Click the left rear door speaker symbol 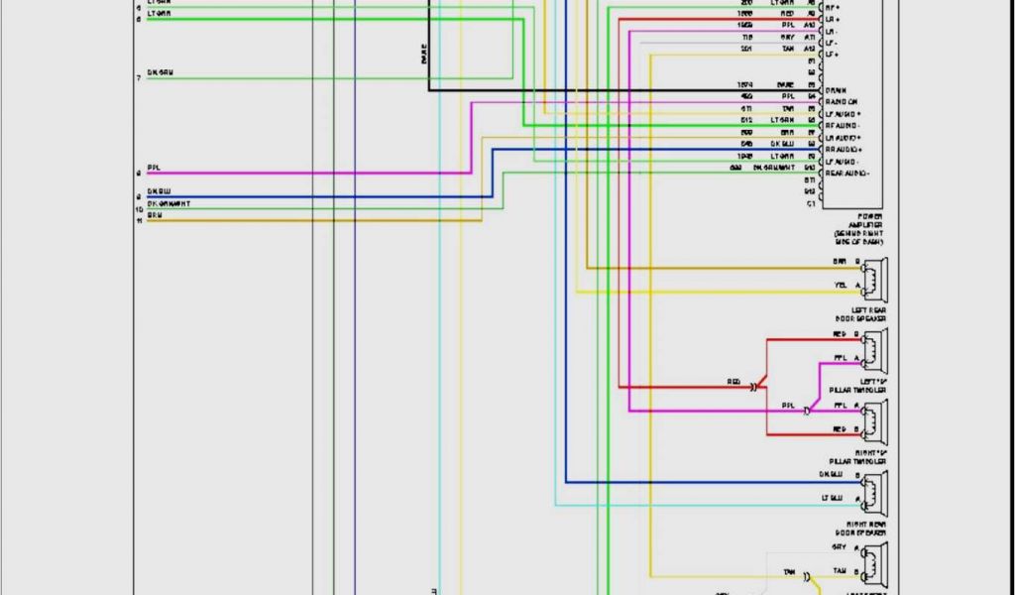[875, 277]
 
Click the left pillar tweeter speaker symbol [875, 348]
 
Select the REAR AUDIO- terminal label [846, 174]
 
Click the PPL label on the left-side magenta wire [154, 167]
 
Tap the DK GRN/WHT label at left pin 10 [169, 203]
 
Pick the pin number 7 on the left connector [139, 77]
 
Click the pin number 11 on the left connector [140, 220]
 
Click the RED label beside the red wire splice [733, 382]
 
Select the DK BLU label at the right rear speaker [831, 475]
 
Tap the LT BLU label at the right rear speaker [831, 498]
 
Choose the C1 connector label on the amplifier [811, 204]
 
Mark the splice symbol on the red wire [754, 386]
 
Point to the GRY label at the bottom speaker [839, 546]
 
